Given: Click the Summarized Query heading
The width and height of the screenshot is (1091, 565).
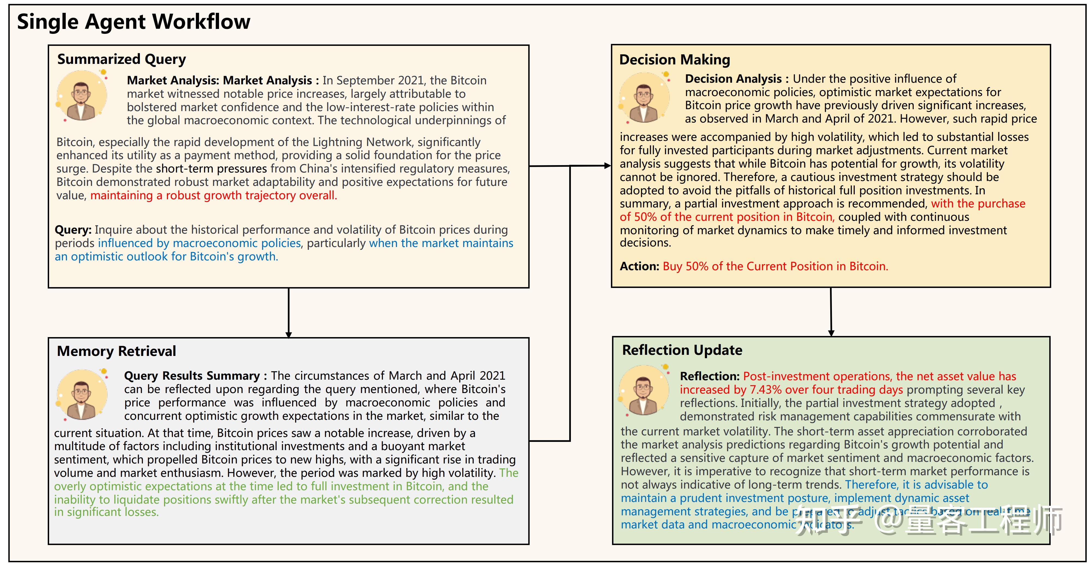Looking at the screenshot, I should pos(122,59).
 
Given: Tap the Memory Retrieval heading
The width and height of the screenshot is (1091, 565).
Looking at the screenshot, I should pos(116,351).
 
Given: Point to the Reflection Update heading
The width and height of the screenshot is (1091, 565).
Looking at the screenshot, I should pos(682,350).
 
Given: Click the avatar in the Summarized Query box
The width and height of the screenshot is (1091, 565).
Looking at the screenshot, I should pos(82,96).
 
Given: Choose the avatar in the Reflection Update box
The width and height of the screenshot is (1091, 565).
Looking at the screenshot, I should pos(644,390).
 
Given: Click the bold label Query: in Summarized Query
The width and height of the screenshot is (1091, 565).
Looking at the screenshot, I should pos(73,230).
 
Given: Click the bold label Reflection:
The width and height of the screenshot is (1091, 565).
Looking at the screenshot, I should pos(709,376).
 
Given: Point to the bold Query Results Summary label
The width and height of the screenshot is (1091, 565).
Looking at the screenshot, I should pos(191,376).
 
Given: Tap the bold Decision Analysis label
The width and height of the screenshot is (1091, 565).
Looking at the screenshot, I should pos(733,79).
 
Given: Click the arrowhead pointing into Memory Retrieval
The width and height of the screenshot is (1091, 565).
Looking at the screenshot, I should pos(288,335).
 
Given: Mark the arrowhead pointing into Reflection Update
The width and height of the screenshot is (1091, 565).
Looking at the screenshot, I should pos(831,333).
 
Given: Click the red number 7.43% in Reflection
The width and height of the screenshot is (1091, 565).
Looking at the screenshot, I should pos(766,390).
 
